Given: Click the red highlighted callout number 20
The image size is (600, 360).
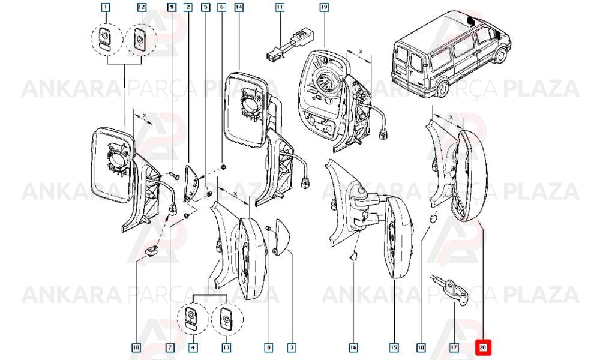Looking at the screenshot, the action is (482, 347).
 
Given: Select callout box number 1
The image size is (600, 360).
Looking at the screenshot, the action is (106, 7).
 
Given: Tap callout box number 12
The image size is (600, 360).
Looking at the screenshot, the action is (142, 7).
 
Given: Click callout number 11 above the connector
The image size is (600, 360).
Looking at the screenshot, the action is (280, 7).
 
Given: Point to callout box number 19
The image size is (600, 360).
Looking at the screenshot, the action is (324, 7).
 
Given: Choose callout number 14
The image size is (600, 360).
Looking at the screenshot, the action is (239, 7).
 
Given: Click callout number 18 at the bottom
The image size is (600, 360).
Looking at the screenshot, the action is (136, 347).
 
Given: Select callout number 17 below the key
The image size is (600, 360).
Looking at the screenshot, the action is (454, 347).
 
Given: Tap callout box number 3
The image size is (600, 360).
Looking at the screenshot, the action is (292, 347).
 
